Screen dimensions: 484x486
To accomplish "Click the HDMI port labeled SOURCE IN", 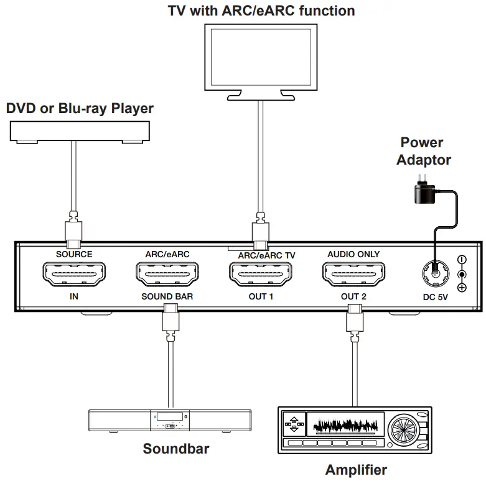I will click(73, 274).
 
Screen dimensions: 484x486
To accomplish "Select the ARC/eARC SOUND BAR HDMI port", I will click(167, 274).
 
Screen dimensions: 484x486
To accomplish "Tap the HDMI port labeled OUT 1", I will click(261, 274).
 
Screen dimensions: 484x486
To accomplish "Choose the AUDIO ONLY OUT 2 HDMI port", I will click(353, 274).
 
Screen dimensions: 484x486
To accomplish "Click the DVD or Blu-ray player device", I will click(79, 131).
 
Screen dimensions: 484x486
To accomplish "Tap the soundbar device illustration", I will click(169, 421).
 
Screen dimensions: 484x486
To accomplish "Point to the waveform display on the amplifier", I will click(345, 426).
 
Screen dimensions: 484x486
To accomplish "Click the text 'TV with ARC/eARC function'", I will click(261, 11).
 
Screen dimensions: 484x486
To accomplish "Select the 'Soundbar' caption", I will click(176, 449).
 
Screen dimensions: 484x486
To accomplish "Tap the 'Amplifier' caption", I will click(357, 470).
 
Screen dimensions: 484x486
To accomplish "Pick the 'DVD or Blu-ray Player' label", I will click(80, 109).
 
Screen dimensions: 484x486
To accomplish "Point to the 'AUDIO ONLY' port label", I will click(353, 254).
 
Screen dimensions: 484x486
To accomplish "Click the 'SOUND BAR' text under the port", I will click(167, 296).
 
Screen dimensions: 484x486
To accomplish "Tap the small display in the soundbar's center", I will click(169, 416).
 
